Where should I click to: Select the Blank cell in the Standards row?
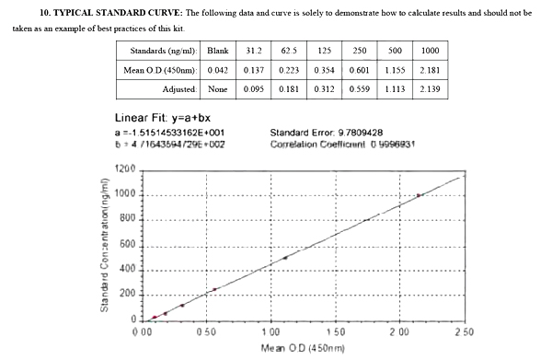point(218,50)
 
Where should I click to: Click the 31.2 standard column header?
point(255,50)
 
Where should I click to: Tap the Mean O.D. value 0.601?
point(360,70)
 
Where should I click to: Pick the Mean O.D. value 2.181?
point(430,70)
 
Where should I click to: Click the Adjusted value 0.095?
point(255,89)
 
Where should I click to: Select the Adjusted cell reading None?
point(218,89)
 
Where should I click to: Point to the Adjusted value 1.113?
point(395,89)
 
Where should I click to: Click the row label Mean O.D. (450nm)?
point(158,70)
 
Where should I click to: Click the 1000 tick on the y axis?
point(127,195)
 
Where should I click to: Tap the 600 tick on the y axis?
point(129,245)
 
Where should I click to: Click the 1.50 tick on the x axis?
point(335,331)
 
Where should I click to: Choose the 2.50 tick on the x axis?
point(463,331)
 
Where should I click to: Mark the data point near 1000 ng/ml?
point(419,195)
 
